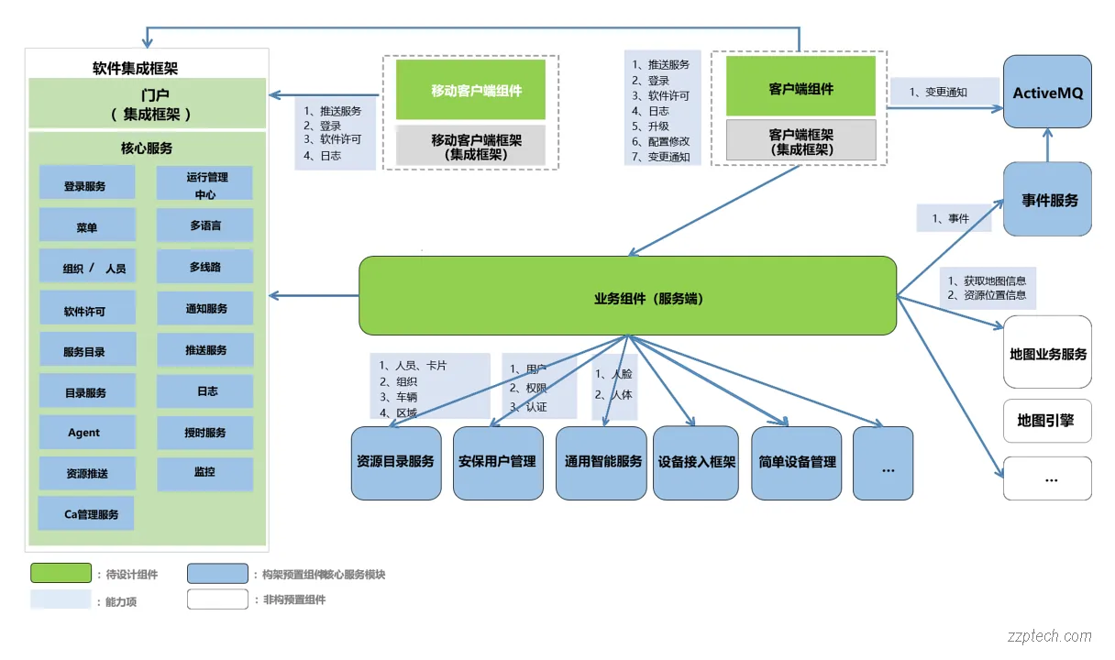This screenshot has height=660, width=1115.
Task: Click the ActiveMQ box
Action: (1047, 92)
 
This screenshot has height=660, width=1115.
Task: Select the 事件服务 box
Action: (1047, 200)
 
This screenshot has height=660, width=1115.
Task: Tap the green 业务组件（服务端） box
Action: (627, 296)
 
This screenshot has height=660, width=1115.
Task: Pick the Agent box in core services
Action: (86, 432)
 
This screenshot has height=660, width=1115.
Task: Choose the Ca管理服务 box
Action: (86, 513)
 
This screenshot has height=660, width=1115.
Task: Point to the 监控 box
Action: (204, 473)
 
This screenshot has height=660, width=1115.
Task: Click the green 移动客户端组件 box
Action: (470, 90)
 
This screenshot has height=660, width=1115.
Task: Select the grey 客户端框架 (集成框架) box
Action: (800, 141)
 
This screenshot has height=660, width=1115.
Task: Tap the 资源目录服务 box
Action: (396, 462)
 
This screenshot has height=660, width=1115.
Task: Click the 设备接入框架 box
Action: (697, 462)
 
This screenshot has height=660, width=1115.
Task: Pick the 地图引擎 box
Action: (1047, 421)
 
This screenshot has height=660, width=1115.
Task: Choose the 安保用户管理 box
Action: (498, 462)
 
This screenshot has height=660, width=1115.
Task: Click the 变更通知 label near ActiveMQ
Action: (944, 92)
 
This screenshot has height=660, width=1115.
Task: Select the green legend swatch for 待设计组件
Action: (61, 574)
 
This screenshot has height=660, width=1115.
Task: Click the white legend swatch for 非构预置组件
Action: (217, 599)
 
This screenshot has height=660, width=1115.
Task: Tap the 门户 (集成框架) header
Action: (147, 104)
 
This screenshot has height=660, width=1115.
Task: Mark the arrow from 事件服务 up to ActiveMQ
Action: (1047, 145)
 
